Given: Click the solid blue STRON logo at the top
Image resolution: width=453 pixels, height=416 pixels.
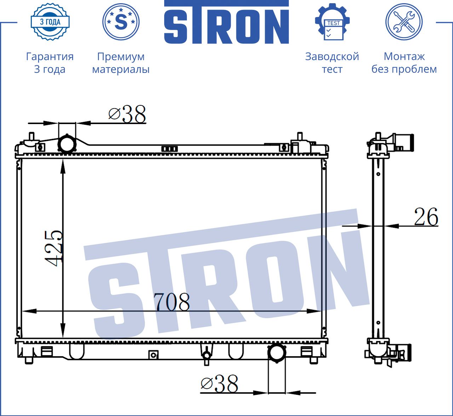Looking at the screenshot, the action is (226, 22).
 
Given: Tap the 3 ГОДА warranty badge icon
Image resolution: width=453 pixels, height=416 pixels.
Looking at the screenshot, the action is (50, 22).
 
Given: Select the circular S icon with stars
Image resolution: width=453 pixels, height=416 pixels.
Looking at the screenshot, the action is (121, 22).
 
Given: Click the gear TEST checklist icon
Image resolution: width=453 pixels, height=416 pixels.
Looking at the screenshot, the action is (332, 22).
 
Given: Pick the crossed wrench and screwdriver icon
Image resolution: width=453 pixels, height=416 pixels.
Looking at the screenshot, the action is (404, 22).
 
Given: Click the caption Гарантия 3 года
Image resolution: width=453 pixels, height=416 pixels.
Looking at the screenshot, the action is (50, 63).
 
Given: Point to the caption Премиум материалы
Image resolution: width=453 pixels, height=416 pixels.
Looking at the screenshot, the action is (121, 63).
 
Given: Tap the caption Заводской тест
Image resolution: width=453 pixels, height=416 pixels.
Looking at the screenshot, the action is (332, 63).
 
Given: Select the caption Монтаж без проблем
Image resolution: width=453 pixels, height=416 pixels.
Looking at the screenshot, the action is (404, 63).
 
